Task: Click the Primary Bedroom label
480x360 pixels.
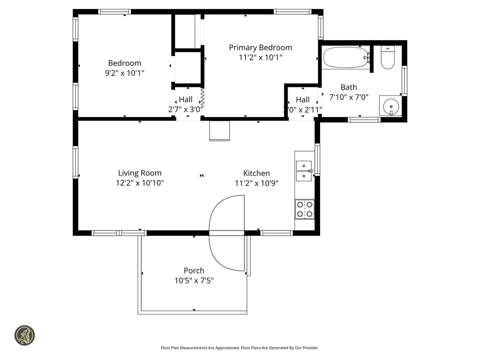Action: tap(260, 48)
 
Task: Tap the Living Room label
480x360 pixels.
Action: tap(139, 173)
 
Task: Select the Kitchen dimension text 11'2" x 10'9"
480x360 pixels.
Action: tap(256, 183)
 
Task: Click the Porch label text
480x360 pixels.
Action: tap(194, 271)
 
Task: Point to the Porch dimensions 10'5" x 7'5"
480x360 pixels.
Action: tap(194, 280)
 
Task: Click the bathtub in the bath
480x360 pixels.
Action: tap(346, 58)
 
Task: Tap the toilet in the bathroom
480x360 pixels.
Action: tap(388, 58)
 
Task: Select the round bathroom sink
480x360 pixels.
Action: tap(391, 106)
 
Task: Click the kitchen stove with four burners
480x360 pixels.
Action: tap(305, 209)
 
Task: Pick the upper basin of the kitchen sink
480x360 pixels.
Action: tap(304, 165)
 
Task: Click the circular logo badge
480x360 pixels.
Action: tap(25, 335)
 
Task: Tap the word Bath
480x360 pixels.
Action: tap(349, 87)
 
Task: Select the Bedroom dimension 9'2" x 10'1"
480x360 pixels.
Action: tap(125, 73)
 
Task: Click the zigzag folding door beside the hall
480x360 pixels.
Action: tap(202, 97)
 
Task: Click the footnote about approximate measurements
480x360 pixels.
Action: tap(240, 348)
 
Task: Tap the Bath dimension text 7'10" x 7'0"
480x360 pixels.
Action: tap(349, 97)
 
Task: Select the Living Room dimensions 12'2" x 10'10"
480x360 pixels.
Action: tap(139, 183)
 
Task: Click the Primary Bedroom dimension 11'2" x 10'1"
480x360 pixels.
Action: tap(260, 57)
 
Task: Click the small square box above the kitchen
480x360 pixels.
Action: tap(220, 131)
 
